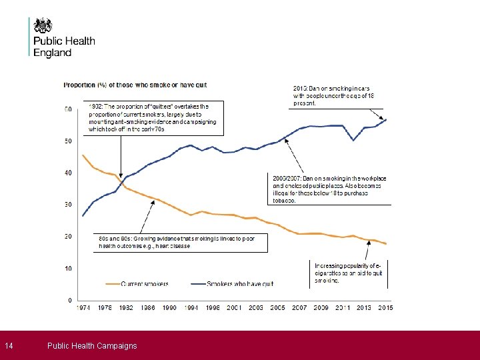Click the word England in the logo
(53, 53)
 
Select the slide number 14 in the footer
(9, 345)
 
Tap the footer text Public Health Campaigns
(92, 345)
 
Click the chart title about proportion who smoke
(135, 85)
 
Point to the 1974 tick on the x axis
(83, 308)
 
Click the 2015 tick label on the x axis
(385, 308)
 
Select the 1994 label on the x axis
(191, 308)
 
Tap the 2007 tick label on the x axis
(299, 308)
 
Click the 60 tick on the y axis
(69, 109)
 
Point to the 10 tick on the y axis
(69, 269)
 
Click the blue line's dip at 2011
(353, 140)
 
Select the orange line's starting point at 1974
(83, 155)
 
